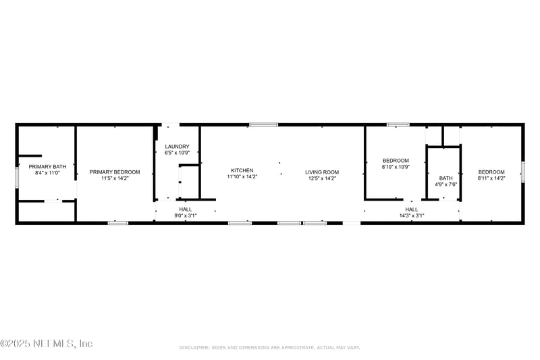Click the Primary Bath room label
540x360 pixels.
click(x=47, y=166)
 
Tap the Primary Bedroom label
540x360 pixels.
click(x=115, y=172)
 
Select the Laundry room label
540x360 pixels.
click(x=177, y=147)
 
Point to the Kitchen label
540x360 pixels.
click(x=242, y=170)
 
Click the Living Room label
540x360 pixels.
click(x=322, y=172)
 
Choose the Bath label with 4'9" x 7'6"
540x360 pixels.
click(x=446, y=178)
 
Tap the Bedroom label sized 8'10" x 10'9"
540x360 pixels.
click(x=396, y=160)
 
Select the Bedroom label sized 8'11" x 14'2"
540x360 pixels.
click(x=491, y=172)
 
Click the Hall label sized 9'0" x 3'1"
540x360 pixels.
click(x=185, y=209)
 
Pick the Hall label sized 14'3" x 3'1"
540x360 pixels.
click(x=411, y=209)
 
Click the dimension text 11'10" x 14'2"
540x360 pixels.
click(x=242, y=176)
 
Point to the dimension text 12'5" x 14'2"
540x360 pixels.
click(x=322, y=178)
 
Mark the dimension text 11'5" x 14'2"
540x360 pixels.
click(x=115, y=178)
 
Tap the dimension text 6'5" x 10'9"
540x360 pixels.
click(x=177, y=153)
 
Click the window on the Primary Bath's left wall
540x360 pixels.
click(x=18, y=176)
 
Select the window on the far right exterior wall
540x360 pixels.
click(x=522, y=172)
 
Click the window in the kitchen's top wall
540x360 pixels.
click(x=263, y=124)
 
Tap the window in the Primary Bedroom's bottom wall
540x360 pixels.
click(x=117, y=222)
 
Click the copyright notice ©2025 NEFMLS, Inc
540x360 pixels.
click(x=46, y=343)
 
